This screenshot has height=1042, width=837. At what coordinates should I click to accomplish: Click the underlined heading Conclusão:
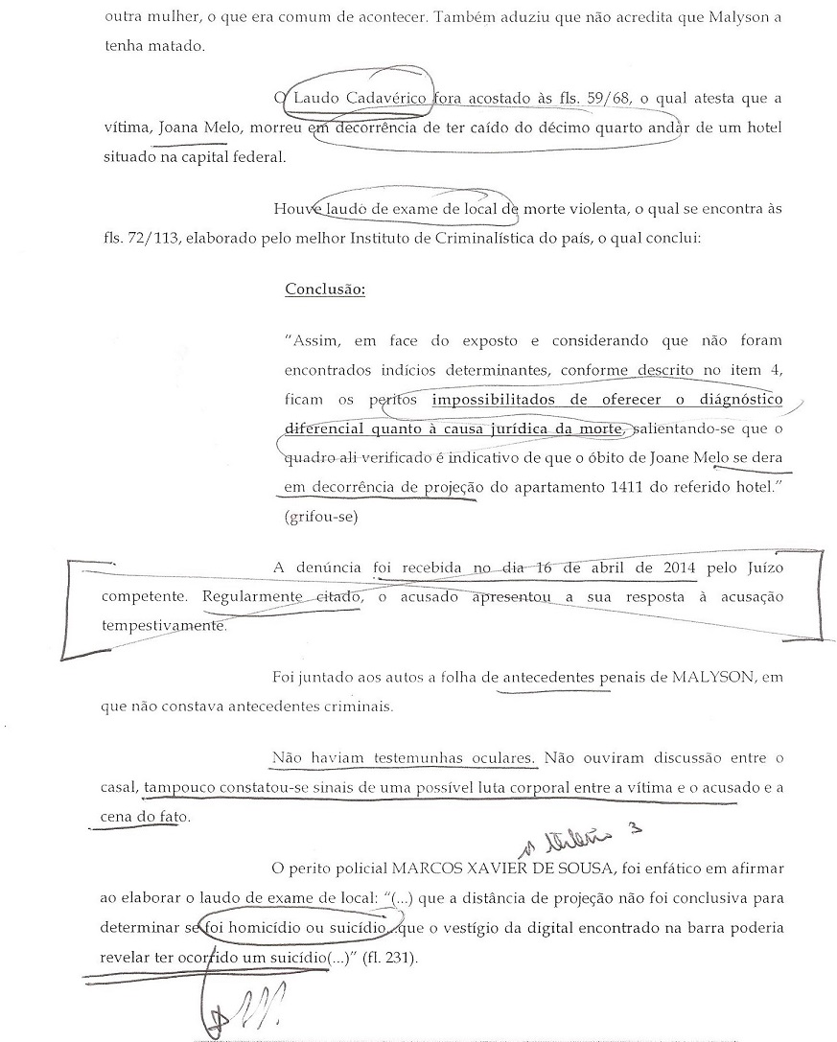coord(325,289)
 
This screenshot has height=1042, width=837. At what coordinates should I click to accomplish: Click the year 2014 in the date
coord(659,568)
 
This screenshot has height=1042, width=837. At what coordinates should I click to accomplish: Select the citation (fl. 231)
coord(391,958)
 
